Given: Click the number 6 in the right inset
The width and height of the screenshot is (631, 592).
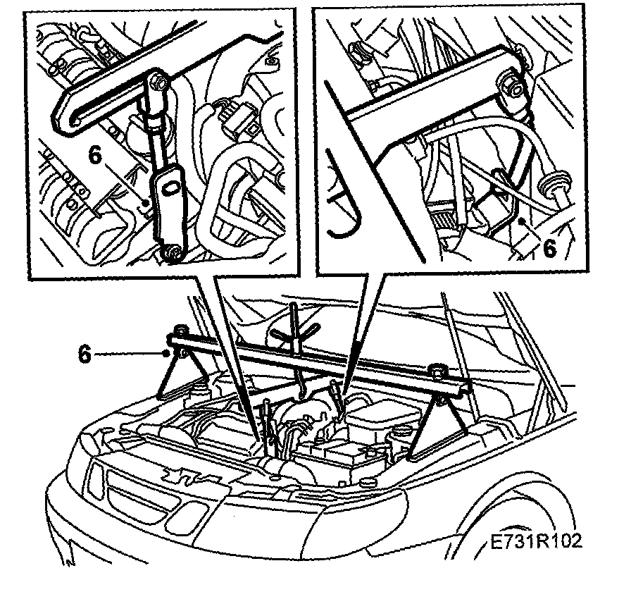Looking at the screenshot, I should (x=550, y=248).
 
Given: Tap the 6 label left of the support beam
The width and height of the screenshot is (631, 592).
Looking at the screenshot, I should (x=85, y=354).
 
